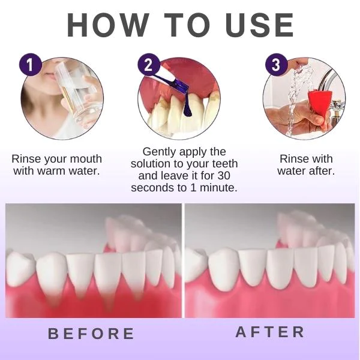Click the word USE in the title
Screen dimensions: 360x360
click(x=260, y=25)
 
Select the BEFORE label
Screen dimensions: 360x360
click(x=91, y=334)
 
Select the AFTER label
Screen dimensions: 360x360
click(x=270, y=332)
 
